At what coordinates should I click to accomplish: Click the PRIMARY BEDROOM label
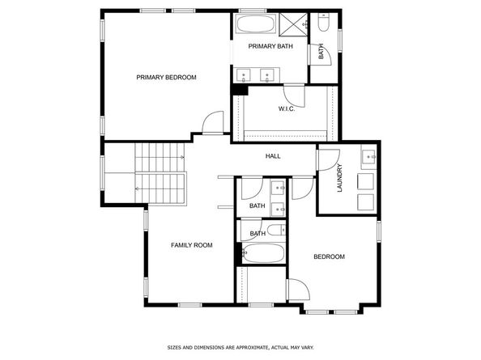click(x=166, y=77)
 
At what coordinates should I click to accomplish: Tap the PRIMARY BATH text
click(x=270, y=46)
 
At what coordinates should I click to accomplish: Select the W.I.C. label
click(x=287, y=108)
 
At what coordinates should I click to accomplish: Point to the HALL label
click(x=273, y=156)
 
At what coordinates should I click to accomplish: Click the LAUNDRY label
click(x=339, y=178)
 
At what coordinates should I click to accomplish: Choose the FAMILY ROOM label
click(x=192, y=245)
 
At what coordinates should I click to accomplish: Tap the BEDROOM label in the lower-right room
click(x=329, y=256)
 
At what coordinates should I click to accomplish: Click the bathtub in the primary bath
click(x=257, y=23)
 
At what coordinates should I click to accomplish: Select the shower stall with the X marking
click(x=293, y=24)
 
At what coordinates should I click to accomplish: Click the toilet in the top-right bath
click(x=323, y=22)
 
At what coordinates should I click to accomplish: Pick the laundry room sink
click(x=368, y=157)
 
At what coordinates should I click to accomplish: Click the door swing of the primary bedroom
click(x=213, y=122)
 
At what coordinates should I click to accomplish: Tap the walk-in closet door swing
click(x=294, y=96)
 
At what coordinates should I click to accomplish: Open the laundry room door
click(x=329, y=159)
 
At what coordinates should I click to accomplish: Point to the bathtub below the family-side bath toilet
click(x=263, y=253)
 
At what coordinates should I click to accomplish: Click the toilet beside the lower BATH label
click(x=276, y=230)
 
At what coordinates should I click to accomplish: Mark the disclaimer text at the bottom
click(x=240, y=347)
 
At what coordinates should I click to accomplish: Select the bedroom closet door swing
click(x=299, y=290)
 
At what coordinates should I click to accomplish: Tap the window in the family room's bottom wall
click(x=189, y=305)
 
